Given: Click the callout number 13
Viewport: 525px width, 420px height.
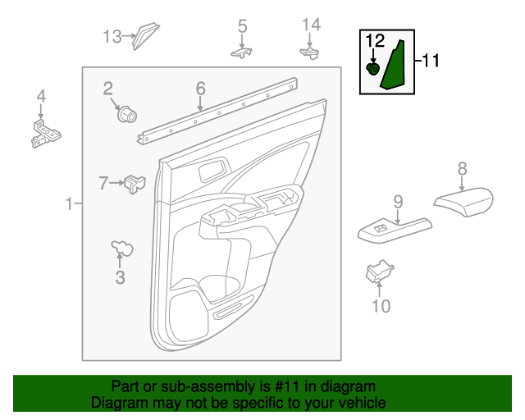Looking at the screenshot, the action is pyautogui.click(x=112, y=36).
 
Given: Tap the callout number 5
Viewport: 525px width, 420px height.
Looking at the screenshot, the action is pyautogui.click(x=242, y=26).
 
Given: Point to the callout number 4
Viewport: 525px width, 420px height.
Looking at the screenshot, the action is pyautogui.click(x=41, y=99).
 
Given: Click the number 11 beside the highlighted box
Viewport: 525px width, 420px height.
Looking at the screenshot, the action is pyautogui.click(x=431, y=61).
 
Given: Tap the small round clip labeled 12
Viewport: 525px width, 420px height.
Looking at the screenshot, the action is pyautogui.click(x=373, y=70).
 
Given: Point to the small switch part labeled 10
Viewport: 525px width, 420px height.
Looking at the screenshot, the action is pyautogui.click(x=379, y=270).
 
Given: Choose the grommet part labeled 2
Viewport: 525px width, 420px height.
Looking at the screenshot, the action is pyautogui.click(x=126, y=113).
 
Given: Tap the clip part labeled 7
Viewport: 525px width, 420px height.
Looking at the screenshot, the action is pyautogui.click(x=135, y=185).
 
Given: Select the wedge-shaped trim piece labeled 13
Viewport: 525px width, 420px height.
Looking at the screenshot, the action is pyautogui.click(x=145, y=35).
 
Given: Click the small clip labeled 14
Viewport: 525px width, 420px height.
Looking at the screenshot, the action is pyautogui.click(x=310, y=52).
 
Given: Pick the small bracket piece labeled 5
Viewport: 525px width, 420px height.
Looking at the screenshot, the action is pyautogui.click(x=242, y=52).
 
